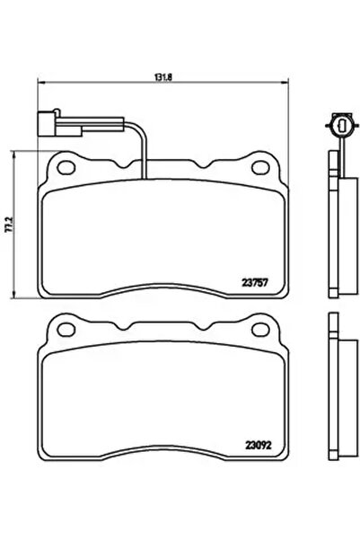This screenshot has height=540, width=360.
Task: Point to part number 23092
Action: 257,442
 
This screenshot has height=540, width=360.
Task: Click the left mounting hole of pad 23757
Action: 64,164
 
